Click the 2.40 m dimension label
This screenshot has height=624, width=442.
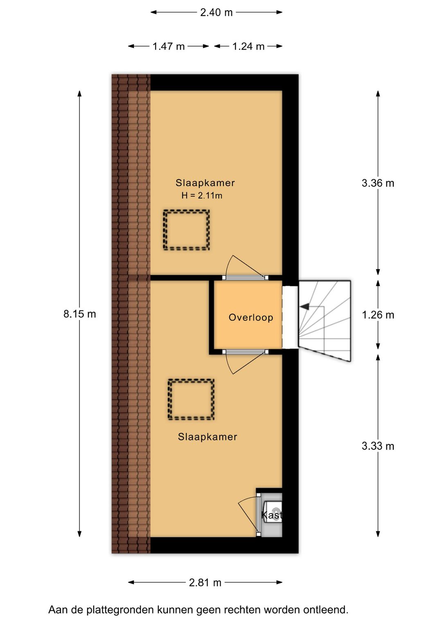[216, 13]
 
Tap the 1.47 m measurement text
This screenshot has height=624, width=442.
[168, 47]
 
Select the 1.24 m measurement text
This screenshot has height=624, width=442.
[248, 47]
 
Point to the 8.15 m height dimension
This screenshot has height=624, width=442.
[80, 314]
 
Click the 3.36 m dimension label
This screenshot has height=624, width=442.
[378, 183]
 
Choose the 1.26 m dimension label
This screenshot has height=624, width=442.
[378, 315]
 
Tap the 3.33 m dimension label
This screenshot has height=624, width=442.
[378, 446]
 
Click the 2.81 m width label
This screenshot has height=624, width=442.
[205, 583]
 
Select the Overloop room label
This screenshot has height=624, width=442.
[250, 317]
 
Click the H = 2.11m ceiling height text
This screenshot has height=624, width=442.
[202, 195]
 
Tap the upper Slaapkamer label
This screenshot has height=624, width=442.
[205, 183]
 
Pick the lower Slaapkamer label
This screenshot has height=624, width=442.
[207, 437]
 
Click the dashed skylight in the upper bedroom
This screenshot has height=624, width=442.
[187, 230]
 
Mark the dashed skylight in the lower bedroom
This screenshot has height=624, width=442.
[191, 400]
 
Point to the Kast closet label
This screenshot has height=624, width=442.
[272, 515]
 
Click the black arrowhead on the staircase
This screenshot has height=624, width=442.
[304, 306]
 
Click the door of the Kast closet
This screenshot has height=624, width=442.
[259, 514]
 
